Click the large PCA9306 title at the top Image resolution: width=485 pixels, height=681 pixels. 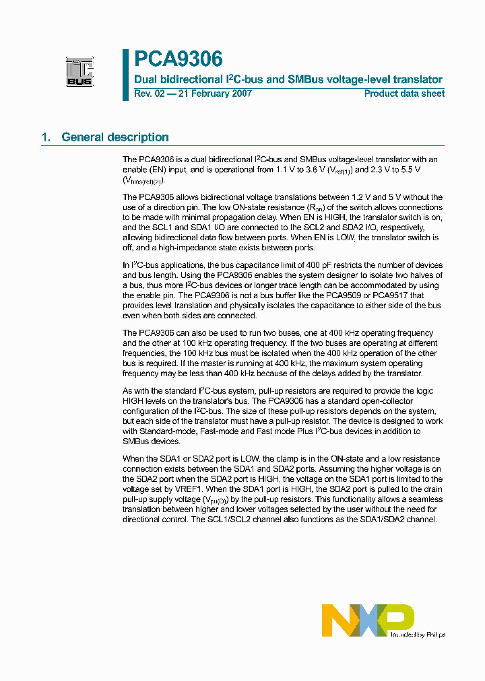pos(178,59)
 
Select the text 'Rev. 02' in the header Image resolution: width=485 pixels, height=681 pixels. pos(149,94)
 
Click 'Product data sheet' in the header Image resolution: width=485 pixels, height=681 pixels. pos(404,94)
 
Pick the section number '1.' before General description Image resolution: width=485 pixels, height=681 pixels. pos(46,137)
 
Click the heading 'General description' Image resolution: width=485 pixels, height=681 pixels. pos(115,137)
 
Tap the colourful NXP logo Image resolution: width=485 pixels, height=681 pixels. pos(367,620)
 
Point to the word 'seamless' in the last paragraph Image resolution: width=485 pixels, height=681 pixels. pos(425,499)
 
